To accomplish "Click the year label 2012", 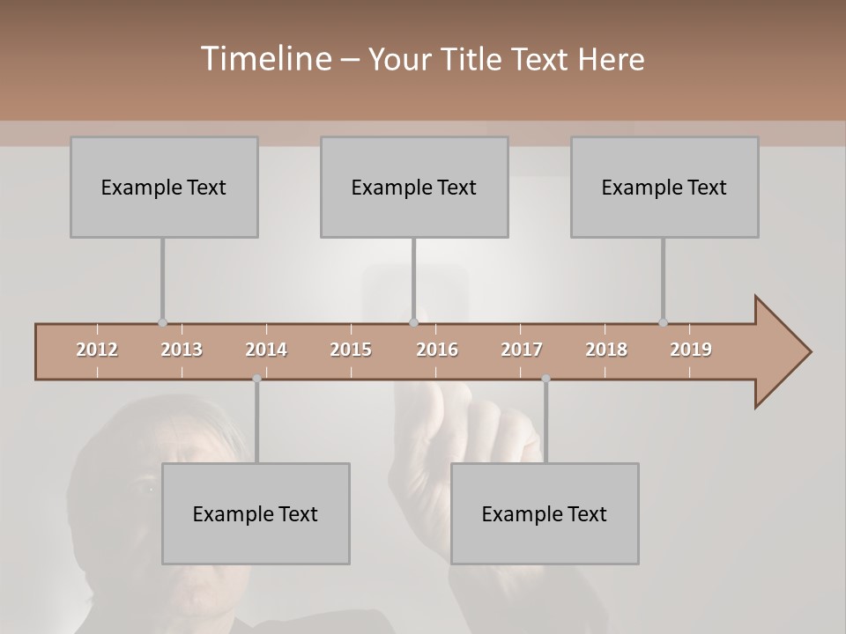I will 97,350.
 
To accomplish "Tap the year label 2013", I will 182,350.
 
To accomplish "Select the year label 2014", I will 266,350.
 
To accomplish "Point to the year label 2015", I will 351,350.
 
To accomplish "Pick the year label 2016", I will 437,350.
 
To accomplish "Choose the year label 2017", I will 522,350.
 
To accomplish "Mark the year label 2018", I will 606,350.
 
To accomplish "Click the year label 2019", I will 691,350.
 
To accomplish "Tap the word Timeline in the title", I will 263,59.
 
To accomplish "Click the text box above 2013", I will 164,187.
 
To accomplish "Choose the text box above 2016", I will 414,187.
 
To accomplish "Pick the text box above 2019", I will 664,187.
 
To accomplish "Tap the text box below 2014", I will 256,513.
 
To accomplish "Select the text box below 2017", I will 545,513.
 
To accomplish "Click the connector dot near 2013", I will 162,322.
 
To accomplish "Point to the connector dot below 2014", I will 256,379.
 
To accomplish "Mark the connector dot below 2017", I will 545,379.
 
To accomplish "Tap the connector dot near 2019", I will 663,322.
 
